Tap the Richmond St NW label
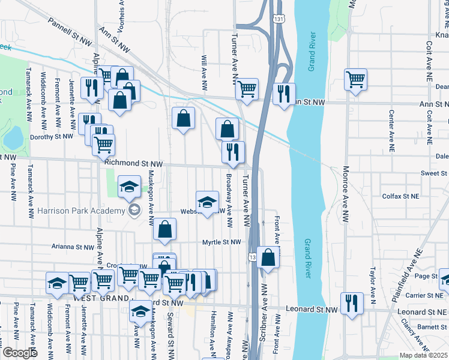coord(133,163)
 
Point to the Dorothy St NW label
coord(52,136)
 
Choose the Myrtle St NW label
coord(221,242)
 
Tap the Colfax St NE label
coord(401,196)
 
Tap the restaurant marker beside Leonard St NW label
coord(351,303)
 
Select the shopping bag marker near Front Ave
coord(268,257)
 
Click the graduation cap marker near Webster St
coord(207,202)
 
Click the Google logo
coord(19,353)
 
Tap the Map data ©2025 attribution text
coord(423,355)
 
